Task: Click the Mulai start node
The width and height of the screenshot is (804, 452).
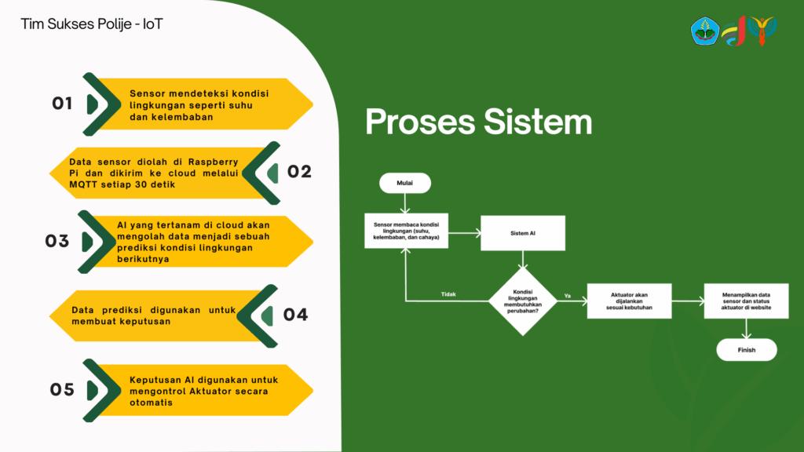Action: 405,183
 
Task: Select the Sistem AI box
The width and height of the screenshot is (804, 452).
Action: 523,232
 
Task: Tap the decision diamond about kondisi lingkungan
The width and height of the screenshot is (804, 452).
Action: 523,301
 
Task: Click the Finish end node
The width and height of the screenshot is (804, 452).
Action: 747,350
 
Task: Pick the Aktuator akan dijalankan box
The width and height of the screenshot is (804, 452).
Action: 629,301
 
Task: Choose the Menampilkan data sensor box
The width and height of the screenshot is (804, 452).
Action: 746,301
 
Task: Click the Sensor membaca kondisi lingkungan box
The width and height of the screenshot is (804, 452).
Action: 406,231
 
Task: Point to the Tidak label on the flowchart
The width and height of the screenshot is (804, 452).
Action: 448,294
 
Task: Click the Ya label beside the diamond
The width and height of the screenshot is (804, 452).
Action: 568,296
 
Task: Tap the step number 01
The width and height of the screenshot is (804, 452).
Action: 62,104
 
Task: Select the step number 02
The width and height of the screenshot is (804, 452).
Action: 299,172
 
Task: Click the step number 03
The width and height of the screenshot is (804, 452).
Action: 57,241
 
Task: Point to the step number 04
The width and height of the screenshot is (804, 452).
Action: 296,315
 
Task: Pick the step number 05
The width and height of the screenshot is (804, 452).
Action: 62,389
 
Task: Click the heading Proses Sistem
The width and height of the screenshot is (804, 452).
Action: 479,122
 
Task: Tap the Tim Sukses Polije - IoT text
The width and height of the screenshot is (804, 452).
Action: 92,24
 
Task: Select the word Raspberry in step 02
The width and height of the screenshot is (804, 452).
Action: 214,161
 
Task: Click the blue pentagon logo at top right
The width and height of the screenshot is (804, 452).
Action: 704,31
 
